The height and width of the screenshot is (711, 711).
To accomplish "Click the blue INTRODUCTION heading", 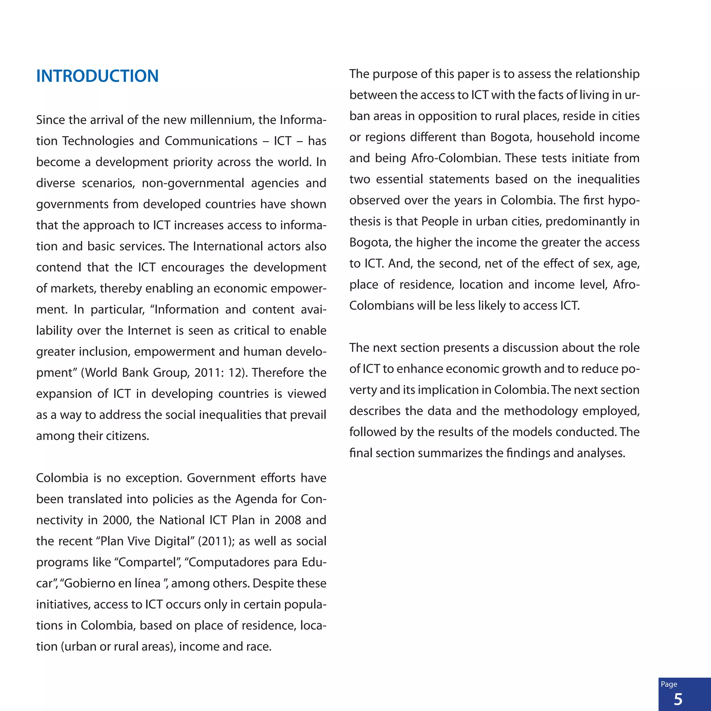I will (x=97, y=76).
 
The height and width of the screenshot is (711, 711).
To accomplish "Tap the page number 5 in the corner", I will (x=678, y=699).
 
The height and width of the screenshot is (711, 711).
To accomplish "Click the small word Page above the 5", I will (x=669, y=684).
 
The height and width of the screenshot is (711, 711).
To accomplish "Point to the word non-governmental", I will (x=193, y=183).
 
